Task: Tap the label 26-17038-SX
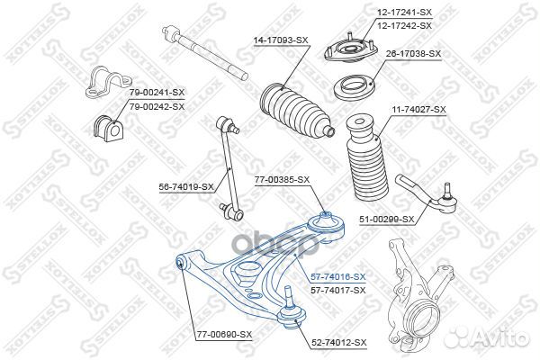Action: tap(413, 54)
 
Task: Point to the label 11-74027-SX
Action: tap(418, 109)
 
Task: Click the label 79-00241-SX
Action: tap(156, 93)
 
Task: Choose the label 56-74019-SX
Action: tap(184, 186)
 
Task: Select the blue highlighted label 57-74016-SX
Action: tap(337, 276)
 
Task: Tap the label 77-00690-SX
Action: tap(224, 335)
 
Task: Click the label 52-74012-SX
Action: tap(338, 342)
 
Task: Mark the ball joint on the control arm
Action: tap(290, 306)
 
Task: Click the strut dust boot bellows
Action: tap(367, 158)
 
